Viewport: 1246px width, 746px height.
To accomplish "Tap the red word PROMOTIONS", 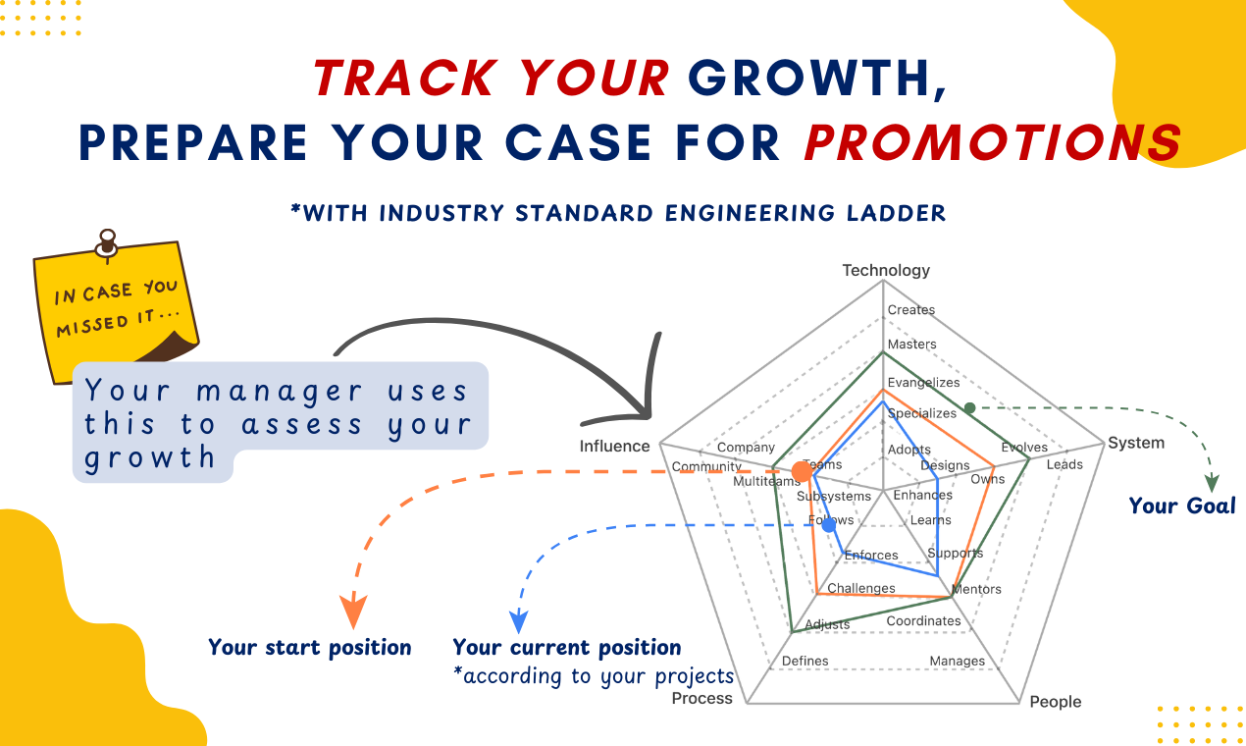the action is click(994, 142).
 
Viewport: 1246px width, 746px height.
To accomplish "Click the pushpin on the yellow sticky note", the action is click(107, 245).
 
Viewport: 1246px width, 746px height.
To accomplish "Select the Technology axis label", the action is click(886, 270).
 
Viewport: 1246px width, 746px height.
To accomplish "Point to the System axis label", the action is click(1136, 443).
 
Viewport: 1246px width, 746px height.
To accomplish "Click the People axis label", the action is click(1056, 702).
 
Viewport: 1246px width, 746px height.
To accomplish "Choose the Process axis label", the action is click(702, 698).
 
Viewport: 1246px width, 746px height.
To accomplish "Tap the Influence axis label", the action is click(614, 446).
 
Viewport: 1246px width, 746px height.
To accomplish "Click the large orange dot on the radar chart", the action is click(802, 471).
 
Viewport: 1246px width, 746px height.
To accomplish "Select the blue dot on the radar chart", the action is click(829, 525).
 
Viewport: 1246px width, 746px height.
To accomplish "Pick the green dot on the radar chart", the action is click(969, 408).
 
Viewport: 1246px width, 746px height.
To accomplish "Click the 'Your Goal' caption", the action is click(1182, 506).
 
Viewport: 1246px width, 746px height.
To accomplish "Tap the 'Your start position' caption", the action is click(310, 648).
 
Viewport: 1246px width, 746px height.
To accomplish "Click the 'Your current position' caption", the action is click(567, 648).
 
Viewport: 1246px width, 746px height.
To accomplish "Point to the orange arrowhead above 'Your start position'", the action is click(353, 612).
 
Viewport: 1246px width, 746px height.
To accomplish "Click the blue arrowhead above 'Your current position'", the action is click(518, 621).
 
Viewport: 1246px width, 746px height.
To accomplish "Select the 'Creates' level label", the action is click(911, 309).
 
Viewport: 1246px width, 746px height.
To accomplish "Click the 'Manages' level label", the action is click(958, 661).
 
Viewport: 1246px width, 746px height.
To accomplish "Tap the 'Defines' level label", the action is click(805, 661).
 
